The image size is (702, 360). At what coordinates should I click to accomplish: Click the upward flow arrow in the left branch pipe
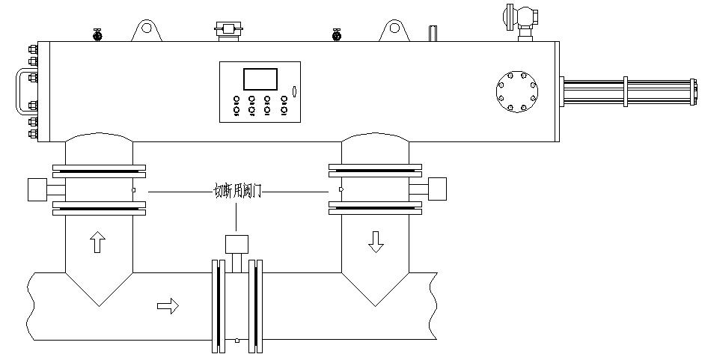[x=98, y=242]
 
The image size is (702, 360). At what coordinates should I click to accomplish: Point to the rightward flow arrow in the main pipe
[x=168, y=305]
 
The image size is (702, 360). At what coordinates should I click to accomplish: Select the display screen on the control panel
[x=260, y=79]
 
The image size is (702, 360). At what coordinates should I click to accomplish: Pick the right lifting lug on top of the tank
[x=394, y=31]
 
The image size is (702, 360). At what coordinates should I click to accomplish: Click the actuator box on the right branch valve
[x=436, y=189]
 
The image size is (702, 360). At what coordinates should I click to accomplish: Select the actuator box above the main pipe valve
[x=236, y=243]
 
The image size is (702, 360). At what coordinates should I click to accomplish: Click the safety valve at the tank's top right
[x=521, y=17]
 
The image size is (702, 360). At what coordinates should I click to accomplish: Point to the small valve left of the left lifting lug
[x=97, y=34]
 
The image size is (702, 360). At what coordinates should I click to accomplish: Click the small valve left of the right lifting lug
[x=337, y=34]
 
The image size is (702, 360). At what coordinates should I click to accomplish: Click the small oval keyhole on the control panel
[x=294, y=92]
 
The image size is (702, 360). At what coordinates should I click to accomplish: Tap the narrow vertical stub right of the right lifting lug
[x=432, y=33]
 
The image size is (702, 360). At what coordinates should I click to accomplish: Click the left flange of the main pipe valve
[x=218, y=305]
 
